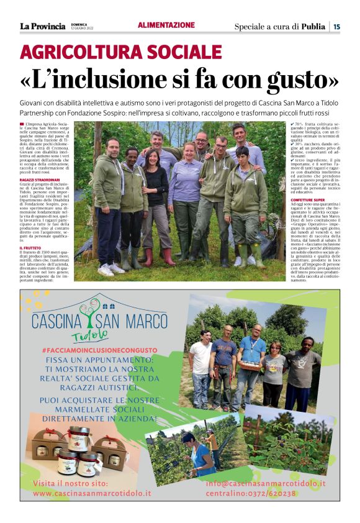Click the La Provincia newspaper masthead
(x=42, y=26)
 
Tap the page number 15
(x=336, y=26)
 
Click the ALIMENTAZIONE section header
(x=166, y=25)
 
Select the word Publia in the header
(x=313, y=26)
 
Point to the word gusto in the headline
(x=299, y=79)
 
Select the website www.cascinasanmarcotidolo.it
(x=91, y=493)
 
